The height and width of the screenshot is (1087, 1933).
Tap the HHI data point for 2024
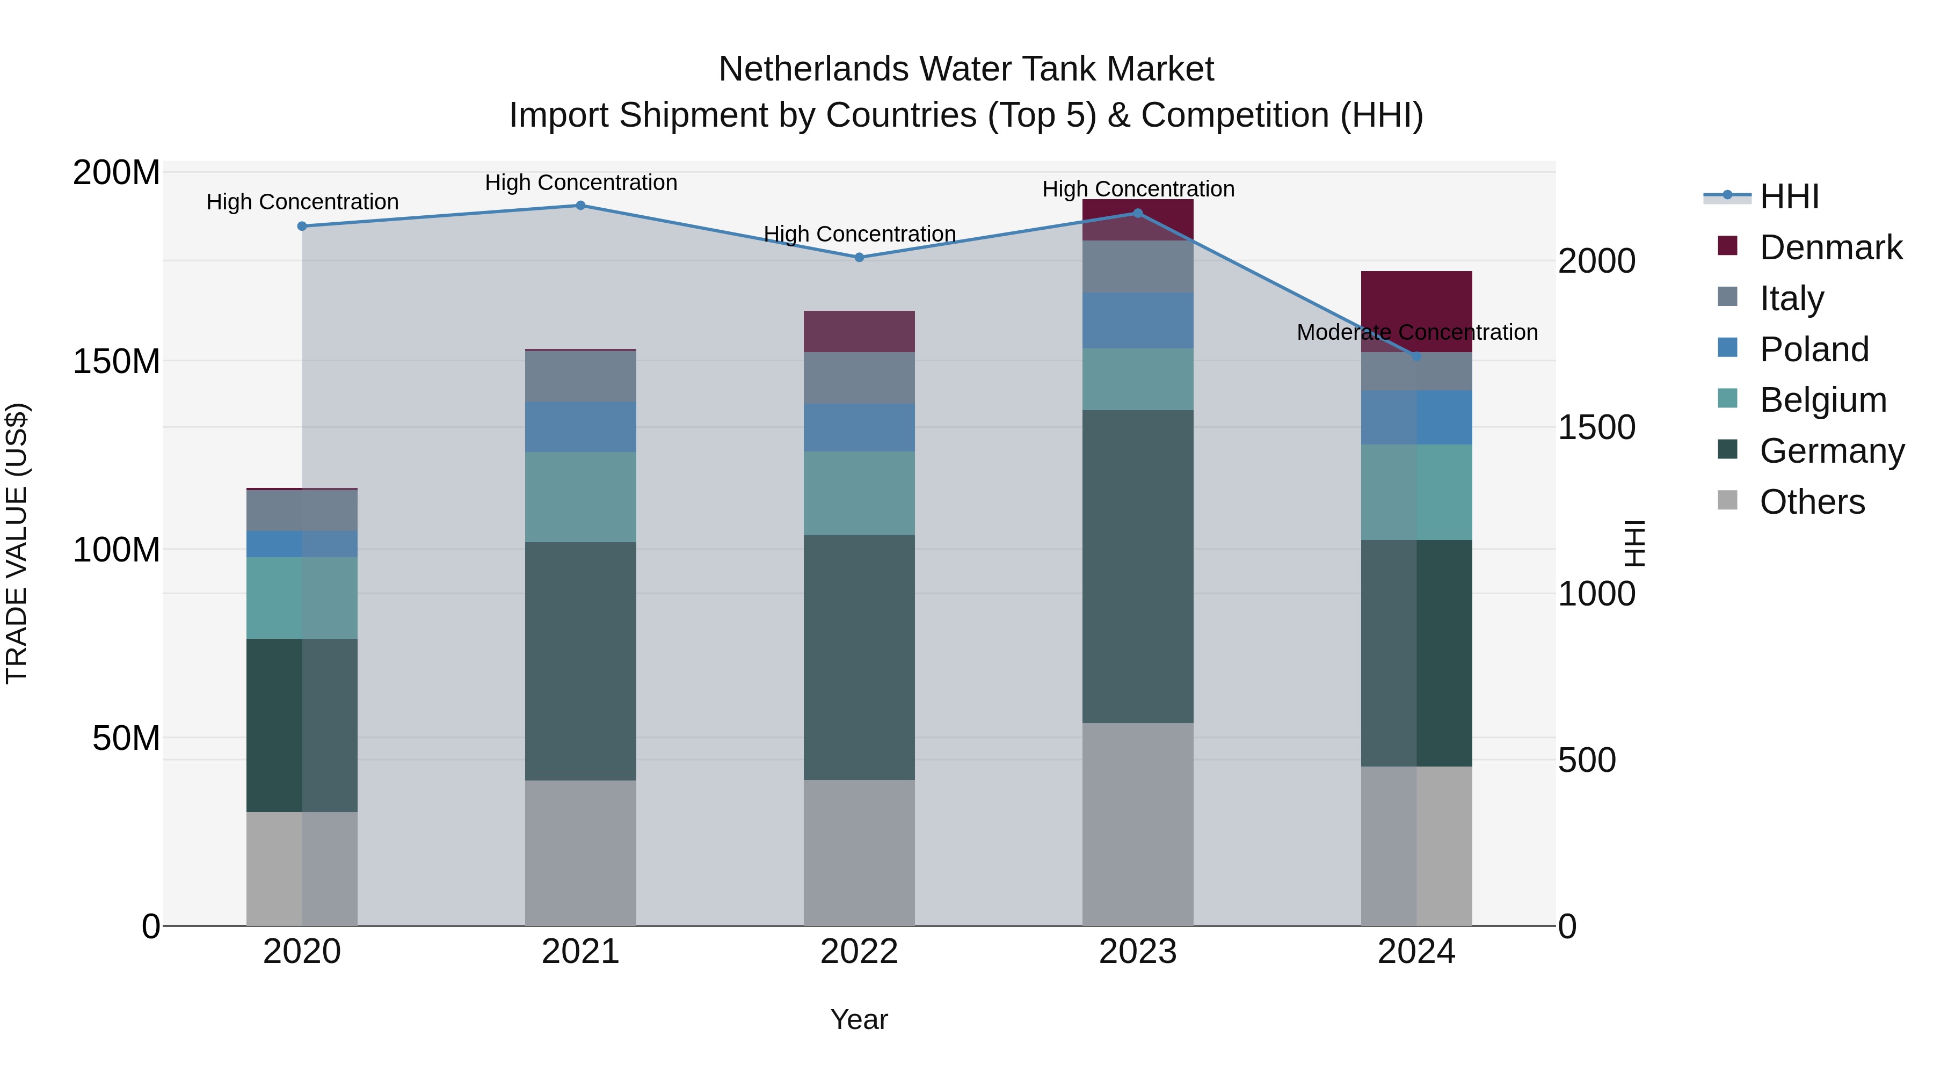coord(1416,357)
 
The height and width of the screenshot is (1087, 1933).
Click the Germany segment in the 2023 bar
coord(1138,566)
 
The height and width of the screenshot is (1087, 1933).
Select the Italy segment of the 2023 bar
coord(1138,266)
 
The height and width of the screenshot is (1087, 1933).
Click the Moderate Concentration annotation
coord(1417,332)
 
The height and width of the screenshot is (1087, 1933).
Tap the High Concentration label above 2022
coord(859,234)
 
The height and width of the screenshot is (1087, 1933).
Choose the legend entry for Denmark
coord(1830,247)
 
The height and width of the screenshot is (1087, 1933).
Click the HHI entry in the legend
coord(1789,196)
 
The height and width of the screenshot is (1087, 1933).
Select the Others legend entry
coord(1812,502)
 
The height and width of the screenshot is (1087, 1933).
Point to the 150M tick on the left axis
coord(117,362)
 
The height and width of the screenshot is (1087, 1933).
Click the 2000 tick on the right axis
coord(1597,261)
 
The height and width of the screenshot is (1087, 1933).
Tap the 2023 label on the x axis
coord(1138,952)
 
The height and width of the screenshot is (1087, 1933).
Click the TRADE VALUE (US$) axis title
coord(17,543)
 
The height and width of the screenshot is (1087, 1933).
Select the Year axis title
coord(859,1019)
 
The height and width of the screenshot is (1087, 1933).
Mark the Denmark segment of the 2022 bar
coord(859,332)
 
